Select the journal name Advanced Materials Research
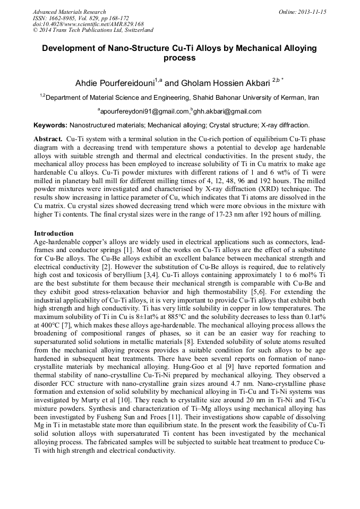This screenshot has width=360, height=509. tap(69, 12)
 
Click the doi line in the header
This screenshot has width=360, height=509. tap(88, 24)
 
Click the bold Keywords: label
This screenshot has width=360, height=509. tap(50, 125)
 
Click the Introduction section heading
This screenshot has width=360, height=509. tap(54, 234)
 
